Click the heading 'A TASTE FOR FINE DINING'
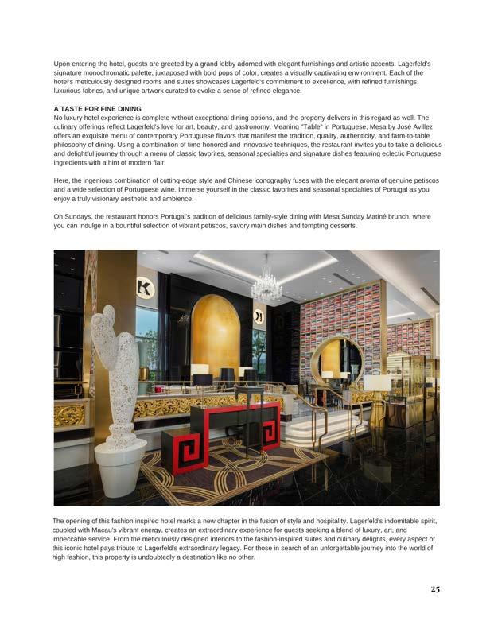(97, 108)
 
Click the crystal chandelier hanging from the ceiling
(266, 282)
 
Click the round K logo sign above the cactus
(146, 288)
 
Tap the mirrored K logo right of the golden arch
(259, 316)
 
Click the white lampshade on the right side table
(377, 384)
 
